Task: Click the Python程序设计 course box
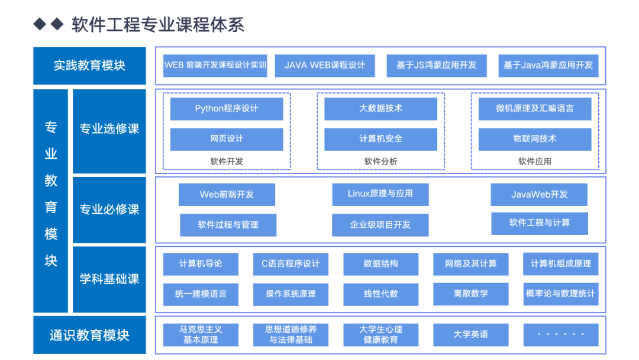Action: tap(227, 109)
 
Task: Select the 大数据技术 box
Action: tap(380, 109)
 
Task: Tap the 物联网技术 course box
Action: tap(535, 139)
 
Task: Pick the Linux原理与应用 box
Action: tap(380, 194)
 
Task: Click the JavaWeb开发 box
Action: tap(539, 194)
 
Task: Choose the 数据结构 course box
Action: tap(380, 264)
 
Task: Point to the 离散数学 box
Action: tap(471, 294)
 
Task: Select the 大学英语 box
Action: tap(471, 335)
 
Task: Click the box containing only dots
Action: tap(561, 335)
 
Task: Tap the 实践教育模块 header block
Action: tap(90, 66)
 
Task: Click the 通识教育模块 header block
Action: tap(90, 335)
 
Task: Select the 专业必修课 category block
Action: tap(109, 210)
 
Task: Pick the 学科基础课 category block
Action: tap(109, 279)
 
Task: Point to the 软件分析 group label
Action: tap(380, 162)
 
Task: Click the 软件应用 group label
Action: tap(535, 162)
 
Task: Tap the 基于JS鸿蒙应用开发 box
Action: tap(437, 66)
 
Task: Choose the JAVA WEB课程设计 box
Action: tap(325, 66)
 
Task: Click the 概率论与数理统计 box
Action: tap(561, 294)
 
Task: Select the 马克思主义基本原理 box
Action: tap(201, 335)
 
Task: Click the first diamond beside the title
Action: tap(40, 24)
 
